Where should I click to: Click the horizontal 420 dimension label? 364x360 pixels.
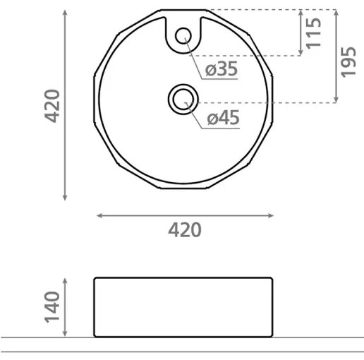184,230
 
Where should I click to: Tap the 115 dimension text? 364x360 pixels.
315,32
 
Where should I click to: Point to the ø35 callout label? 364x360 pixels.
221,69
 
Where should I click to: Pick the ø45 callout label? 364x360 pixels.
223,119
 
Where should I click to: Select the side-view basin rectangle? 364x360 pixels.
183,306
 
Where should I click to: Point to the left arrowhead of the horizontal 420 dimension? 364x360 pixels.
98,215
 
